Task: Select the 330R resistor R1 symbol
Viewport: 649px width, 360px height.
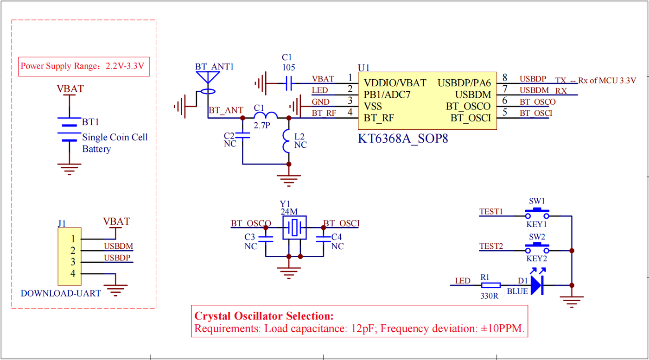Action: (x=490, y=285)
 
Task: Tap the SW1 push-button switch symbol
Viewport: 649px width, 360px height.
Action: (x=537, y=213)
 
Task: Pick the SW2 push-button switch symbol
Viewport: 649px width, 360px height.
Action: (x=537, y=247)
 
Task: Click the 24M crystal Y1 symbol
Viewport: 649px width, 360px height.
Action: (x=294, y=227)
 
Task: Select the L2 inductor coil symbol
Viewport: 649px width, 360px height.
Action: (x=286, y=141)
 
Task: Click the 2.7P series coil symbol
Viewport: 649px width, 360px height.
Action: (x=266, y=115)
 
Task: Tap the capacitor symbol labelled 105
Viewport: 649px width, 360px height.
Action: (x=288, y=83)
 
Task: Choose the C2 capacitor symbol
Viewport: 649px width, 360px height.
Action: (x=242, y=135)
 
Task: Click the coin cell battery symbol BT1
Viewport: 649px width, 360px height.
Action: (x=69, y=129)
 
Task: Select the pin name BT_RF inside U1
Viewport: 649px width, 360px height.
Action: (x=379, y=118)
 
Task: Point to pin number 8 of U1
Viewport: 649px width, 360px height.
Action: (x=505, y=77)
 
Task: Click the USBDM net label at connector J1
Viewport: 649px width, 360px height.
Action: (x=118, y=246)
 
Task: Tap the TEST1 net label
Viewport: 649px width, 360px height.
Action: (x=491, y=211)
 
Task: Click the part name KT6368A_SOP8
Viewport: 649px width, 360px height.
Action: (x=403, y=139)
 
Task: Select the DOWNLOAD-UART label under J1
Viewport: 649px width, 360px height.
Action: (x=61, y=293)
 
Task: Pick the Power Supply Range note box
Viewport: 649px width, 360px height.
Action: (x=84, y=67)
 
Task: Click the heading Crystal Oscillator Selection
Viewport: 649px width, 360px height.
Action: (x=264, y=316)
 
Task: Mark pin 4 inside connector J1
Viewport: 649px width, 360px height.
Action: (x=73, y=273)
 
